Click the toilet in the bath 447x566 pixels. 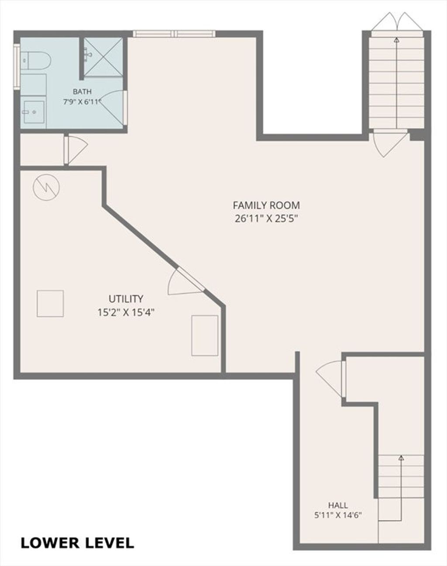[35, 60]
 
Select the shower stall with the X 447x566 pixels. [103, 57]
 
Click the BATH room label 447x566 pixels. [82, 92]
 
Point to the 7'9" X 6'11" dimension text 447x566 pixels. [82, 102]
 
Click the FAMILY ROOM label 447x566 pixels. [266, 205]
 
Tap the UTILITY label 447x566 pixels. [126, 299]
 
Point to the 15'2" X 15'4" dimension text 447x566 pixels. [126, 313]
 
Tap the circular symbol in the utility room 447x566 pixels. [46, 187]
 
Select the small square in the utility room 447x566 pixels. [50, 303]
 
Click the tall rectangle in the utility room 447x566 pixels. [205, 336]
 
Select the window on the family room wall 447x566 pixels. [174, 34]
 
